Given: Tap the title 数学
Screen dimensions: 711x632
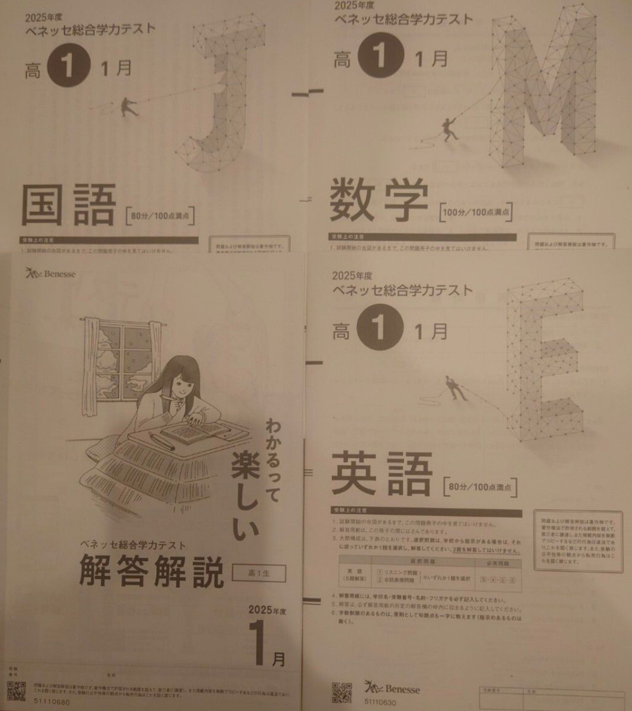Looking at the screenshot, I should coord(379,201).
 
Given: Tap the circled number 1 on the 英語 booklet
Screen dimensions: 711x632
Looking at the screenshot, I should coord(381,332).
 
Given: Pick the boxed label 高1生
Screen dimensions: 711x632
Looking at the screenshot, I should coord(259,573).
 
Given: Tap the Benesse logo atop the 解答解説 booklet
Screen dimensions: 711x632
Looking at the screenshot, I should coord(50,273).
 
